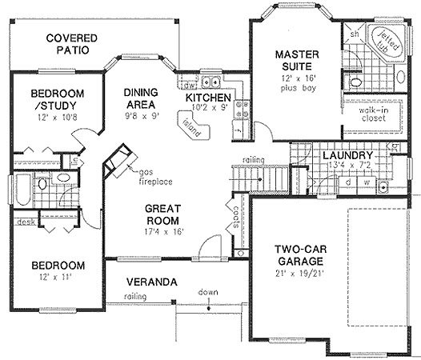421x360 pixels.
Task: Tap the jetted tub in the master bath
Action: pos(388,43)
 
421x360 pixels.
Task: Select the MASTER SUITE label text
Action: pos(298,62)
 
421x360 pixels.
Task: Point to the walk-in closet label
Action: pos(373,114)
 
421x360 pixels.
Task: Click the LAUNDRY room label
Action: pos(347,155)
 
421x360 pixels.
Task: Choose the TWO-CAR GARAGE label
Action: pos(297,255)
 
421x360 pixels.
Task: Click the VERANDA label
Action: pos(151,282)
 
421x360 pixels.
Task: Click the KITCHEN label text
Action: pos(208,98)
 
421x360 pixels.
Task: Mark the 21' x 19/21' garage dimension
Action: pos(297,276)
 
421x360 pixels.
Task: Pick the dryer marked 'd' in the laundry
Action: pos(350,181)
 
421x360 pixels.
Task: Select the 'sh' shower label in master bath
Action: pos(352,34)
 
